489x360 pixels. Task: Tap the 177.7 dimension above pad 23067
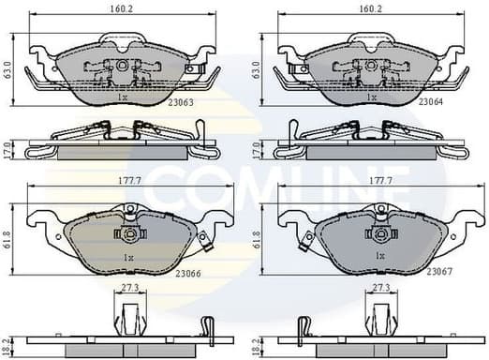tap(379, 177)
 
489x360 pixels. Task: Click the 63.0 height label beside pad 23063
tap(8, 68)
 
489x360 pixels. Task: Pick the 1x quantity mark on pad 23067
tap(379, 256)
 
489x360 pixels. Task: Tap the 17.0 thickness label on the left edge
tap(8, 147)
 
